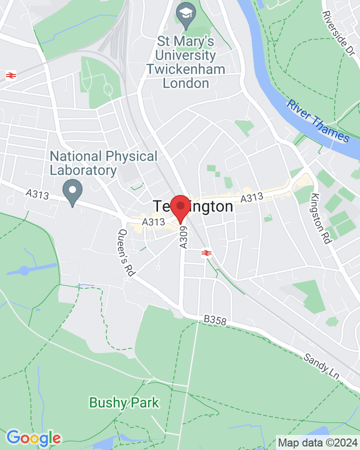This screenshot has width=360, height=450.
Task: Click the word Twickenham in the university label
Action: click(x=186, y=69)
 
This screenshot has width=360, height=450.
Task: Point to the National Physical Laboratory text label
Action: click(x=103, y=163)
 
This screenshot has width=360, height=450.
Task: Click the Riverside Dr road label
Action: click(x=341, y=32)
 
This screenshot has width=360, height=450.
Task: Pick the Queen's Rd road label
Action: click(x=127, y=252)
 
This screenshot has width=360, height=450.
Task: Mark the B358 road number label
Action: click(x=215, y=320)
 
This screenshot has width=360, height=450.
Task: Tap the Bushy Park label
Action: click(x=124, y=402)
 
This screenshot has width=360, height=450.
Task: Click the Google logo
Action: click(x=33, y=438)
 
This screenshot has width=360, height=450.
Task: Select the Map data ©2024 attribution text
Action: click(x=318, y=442)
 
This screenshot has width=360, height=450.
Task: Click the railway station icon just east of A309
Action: click(x=205, y=253)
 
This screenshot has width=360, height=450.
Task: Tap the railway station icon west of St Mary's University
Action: click(x=9, y=75)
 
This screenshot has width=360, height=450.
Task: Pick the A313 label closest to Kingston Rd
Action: click(x=251, y=198)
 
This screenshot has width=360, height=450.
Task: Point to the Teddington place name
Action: click(x=193, y=206)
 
